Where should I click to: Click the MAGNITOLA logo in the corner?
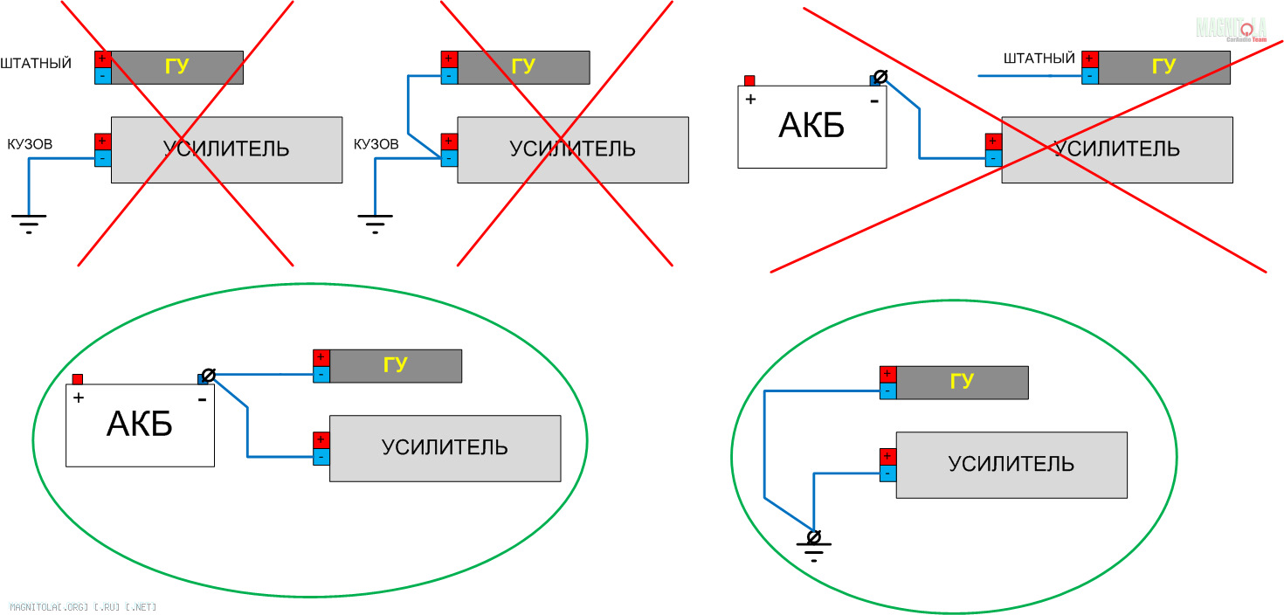click(x=1231, y=28)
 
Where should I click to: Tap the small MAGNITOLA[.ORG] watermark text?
click(x=83, y=606)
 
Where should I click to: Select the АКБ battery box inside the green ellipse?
click(x=140, y=425)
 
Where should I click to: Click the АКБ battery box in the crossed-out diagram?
click(x=811, y=127)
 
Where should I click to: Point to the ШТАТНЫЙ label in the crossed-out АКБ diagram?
click(x=1039, y=59)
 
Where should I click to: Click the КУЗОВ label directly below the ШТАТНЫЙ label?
click(x=30, y=143)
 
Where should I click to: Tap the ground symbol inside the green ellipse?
click(x=813, y=545)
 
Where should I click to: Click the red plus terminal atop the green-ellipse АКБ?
click(x=77, y=379)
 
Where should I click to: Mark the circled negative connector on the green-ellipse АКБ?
click(x=208, y=376)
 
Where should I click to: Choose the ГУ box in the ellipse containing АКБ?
click(x=395, y=365)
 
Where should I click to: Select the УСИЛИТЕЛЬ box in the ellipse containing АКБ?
click(x=445, y=448)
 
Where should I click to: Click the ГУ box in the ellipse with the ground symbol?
click(x=962, y=382)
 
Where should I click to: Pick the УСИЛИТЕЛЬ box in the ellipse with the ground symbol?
click(x=1011, y=465)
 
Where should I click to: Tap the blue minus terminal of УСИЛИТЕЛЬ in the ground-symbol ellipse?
click(x=887, y=473)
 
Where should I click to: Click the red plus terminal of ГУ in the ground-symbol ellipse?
click(x=887, y=374)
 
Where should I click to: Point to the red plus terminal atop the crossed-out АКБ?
click(x=749, y=80)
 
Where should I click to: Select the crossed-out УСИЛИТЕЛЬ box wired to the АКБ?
click(x=1116, y=149)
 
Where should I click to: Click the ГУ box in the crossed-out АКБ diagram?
click(x=1163, y=67)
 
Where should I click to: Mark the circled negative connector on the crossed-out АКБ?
click(x=880, y=77)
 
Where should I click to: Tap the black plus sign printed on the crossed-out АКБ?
click(x=750, y=99)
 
